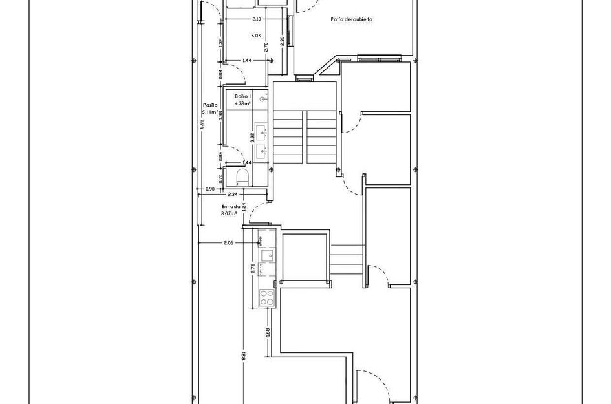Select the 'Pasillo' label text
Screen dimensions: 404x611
pyautogui.click(x=210, y=104)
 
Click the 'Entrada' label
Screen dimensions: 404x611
pyautogui.click(x=231, y=206)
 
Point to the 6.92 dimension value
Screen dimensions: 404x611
pyautogui.click(x=202, y=125)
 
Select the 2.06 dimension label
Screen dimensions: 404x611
pyautogui.click(x=228, y=243)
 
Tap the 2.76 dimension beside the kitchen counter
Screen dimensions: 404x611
pyautogui.click(x=253, y=269)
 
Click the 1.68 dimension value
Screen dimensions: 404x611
pyautogui.click(x=267, y=332)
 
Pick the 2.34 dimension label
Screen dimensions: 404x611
pyautogui.click(x=233, y=194)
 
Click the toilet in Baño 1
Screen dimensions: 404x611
pyautogui.click(x=243, y=176)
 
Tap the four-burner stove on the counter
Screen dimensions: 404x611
pyautogui.click(x=266, y=297)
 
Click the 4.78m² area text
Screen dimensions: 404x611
pyautogui.click(x=243, y=103)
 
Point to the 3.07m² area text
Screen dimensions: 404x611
pyautogui.click(x=229, y=213)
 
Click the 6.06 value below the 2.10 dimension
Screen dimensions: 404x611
pyautogui.click(x=256, y=36)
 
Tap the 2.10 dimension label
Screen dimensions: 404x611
pyautogui.click(x=257, y=19)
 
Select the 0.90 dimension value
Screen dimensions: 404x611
pyautogui.click(x=209, y=189)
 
